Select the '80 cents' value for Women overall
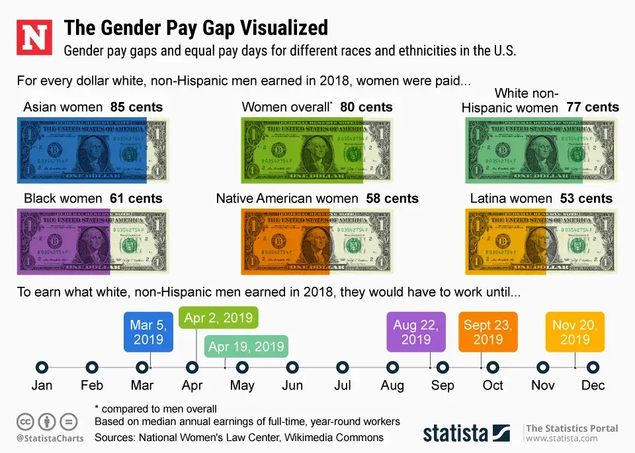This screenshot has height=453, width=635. click(x=366, y=107)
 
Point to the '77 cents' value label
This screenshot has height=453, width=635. click(x=592, y=107)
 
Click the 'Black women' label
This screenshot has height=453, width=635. click(x=62, y=198)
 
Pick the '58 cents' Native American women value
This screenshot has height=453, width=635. click(x=392, y=198)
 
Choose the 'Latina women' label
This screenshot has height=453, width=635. click(x=511, y=198)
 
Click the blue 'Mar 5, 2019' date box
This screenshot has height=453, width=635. click(x=149, y=332)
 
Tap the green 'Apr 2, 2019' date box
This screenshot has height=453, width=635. click(x=218, y=318)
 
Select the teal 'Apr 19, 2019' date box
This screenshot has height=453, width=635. click(x=246, y=346)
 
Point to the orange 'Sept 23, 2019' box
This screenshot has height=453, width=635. click(x=488, y=332)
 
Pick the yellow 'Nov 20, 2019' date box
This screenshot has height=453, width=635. click(x=575, y=332)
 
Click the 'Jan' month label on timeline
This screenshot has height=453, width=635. click(x=42, y=385)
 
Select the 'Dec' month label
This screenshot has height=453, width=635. click(x=593, y=385)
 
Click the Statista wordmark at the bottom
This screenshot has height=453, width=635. click(x=456, y=433)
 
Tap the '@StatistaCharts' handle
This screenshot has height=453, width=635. click(x=50, y=438)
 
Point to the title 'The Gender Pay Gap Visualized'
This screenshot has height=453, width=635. click(x=195, y=28)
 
